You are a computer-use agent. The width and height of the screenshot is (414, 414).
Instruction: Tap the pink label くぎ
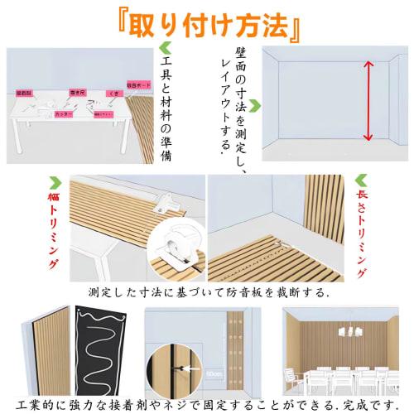[x=115, y=94]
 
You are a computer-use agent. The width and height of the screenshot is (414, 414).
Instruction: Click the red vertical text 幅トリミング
[x=53, y=232]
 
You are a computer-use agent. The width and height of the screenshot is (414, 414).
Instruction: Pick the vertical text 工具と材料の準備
[x=165, y=108]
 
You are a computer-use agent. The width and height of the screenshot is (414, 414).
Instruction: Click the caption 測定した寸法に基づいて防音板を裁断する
[x=208, y=293]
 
